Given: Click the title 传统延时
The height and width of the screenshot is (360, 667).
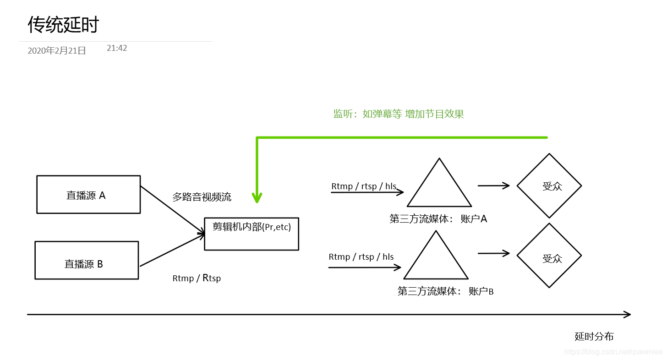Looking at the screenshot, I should point(63,25).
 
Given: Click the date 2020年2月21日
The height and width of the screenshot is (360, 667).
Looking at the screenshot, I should point(57,51).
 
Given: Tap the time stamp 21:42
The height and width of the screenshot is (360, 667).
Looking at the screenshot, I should point(117,48).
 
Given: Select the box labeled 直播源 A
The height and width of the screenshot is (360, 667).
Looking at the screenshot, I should point(88,195).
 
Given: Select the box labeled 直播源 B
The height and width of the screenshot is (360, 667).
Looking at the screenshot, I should point(87,260).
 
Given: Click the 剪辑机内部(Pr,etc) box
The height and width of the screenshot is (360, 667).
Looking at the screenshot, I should point(251,234).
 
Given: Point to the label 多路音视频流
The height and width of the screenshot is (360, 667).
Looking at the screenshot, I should point(202,197).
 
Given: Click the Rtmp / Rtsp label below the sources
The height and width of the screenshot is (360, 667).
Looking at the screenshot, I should point(197,278).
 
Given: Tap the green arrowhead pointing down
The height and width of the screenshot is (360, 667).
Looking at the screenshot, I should point(257,198).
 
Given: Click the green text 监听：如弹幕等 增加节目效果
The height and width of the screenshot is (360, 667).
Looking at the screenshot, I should point(399,114).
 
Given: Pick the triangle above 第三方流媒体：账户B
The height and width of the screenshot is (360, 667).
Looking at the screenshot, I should point(436,260).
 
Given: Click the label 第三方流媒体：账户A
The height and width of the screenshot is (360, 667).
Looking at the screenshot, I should point(438,219).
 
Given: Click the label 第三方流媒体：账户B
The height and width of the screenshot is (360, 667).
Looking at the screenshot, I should point(445,291).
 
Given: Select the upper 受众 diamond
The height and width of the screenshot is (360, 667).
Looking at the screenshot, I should point(549,185).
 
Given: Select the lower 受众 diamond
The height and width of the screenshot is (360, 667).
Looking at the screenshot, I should point(549,256).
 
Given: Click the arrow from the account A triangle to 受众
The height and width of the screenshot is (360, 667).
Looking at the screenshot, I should point(493,185).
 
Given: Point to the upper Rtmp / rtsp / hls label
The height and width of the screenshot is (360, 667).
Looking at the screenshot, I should point(364,186).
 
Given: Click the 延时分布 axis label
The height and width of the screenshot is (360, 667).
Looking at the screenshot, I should point(594,337).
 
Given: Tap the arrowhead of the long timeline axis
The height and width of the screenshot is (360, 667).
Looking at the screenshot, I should point(627,315).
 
